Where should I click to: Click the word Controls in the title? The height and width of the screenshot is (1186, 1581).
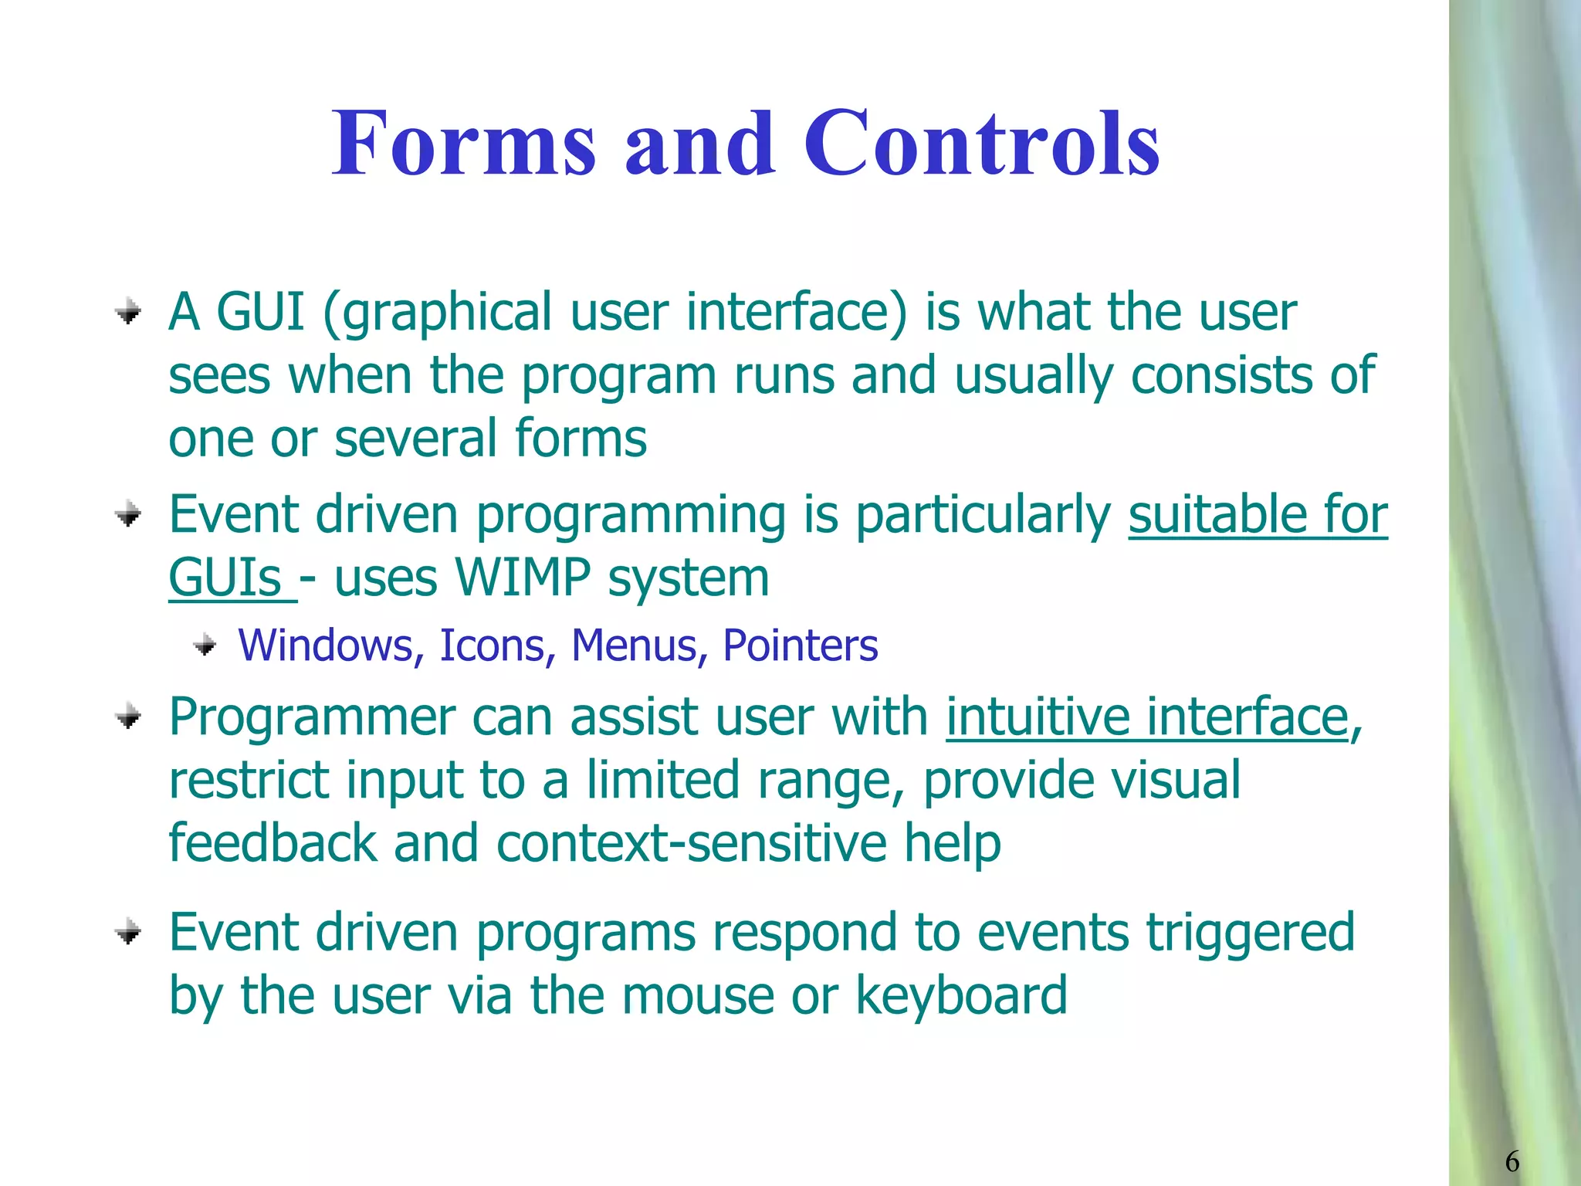[x=981, y=144]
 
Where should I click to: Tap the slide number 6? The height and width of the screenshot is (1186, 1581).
[x=1512, y=1161]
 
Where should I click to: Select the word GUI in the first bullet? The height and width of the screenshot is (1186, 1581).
[x=260, y=312]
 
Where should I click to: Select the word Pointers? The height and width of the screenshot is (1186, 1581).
[x=800, y=646]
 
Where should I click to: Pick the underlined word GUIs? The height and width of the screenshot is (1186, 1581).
[x=225, y=578]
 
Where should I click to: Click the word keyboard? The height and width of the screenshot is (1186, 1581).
[x=961, y=996]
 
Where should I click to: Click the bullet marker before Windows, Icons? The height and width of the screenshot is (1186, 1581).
[x=205, y=645]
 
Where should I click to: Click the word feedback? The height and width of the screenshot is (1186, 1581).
[x=273, y=843]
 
